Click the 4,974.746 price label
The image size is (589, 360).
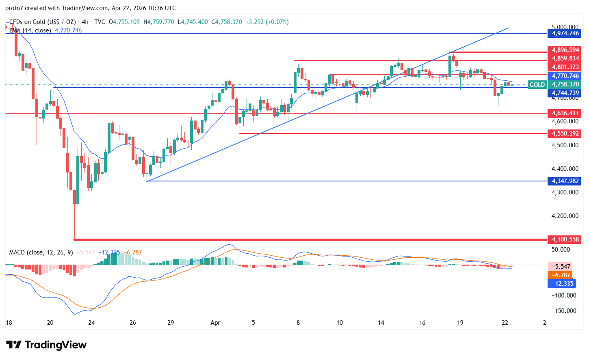[x=565, y=33]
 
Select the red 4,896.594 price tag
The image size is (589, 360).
[x=565, y=50]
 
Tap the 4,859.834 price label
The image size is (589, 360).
[x=565, y=58]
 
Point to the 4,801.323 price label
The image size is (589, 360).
[x=565, y=67]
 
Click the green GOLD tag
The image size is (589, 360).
[x=537, y=84]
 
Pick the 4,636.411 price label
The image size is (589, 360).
[x=565, y=113]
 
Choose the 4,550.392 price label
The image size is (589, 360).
[x=565, y=134]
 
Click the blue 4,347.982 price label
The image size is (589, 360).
[x=565, y=181]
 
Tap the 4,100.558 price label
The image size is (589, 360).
[x=565, y=239]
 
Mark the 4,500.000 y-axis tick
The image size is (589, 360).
[x=565, y=145]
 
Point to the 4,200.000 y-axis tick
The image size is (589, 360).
[x=565, y=216]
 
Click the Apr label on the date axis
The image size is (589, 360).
[x=215, y=323]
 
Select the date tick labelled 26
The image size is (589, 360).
[x=133, y=323]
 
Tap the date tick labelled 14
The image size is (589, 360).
[x=381, y=323]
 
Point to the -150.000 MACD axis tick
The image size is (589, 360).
[x=564, y=311]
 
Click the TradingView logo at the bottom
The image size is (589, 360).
[x=47, y=345]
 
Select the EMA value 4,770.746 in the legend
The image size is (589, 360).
[x=68, y=30]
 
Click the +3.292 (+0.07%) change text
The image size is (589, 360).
[x=267, y=22]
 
